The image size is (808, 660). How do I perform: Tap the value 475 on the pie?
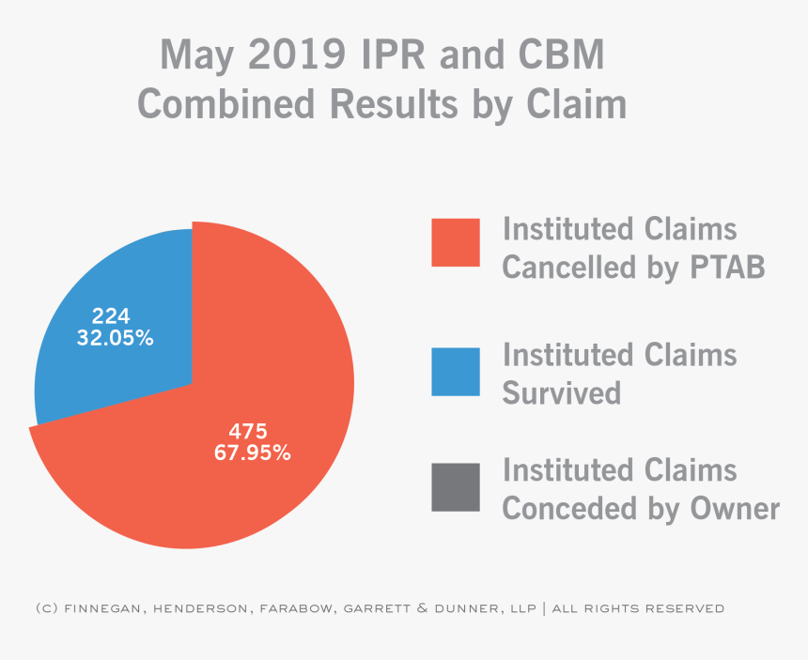tap(248, 432)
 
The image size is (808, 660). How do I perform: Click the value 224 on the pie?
tap(111, 316)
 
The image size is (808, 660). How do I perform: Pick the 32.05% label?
tap(115, 337)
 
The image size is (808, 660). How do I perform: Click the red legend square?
tap(456, 242)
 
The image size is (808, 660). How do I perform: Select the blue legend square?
tap(456, 371)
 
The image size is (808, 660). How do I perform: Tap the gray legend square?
tap(456, 486)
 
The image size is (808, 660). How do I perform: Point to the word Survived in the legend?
tap(562, 391)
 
